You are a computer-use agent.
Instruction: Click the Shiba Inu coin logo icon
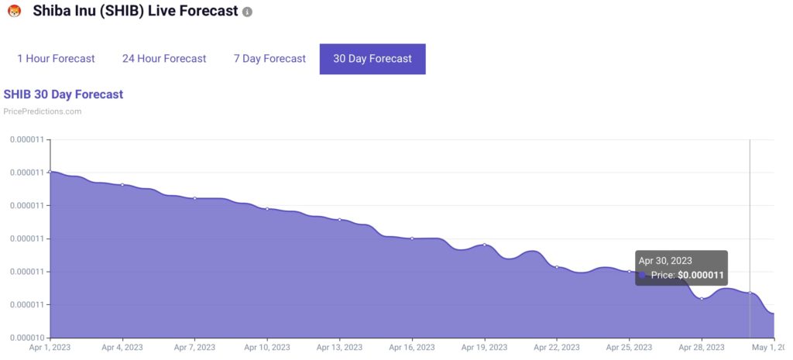13,12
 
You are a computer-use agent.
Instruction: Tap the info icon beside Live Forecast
247,13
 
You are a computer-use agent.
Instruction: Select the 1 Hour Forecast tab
56,59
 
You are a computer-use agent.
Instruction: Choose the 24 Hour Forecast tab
164,59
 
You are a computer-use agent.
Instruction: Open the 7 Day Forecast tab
269,59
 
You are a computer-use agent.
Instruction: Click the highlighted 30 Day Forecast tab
372,59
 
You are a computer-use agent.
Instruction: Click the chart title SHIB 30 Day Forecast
64,94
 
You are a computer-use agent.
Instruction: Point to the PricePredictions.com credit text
43,111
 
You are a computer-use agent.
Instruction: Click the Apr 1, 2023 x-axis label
49,348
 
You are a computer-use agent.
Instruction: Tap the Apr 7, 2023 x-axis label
194,348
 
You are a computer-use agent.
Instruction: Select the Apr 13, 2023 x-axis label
339,348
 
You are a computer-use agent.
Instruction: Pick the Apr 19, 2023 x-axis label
484,348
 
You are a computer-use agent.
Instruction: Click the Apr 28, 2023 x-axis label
702,348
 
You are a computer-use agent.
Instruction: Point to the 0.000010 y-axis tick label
26,338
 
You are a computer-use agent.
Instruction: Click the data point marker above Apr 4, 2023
122,184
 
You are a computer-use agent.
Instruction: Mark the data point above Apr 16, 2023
412,238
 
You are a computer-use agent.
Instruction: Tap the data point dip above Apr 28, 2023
702,298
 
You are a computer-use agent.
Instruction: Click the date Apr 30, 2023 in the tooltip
665,261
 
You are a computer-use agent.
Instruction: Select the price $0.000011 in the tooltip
701,275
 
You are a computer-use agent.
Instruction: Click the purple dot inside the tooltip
642,275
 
